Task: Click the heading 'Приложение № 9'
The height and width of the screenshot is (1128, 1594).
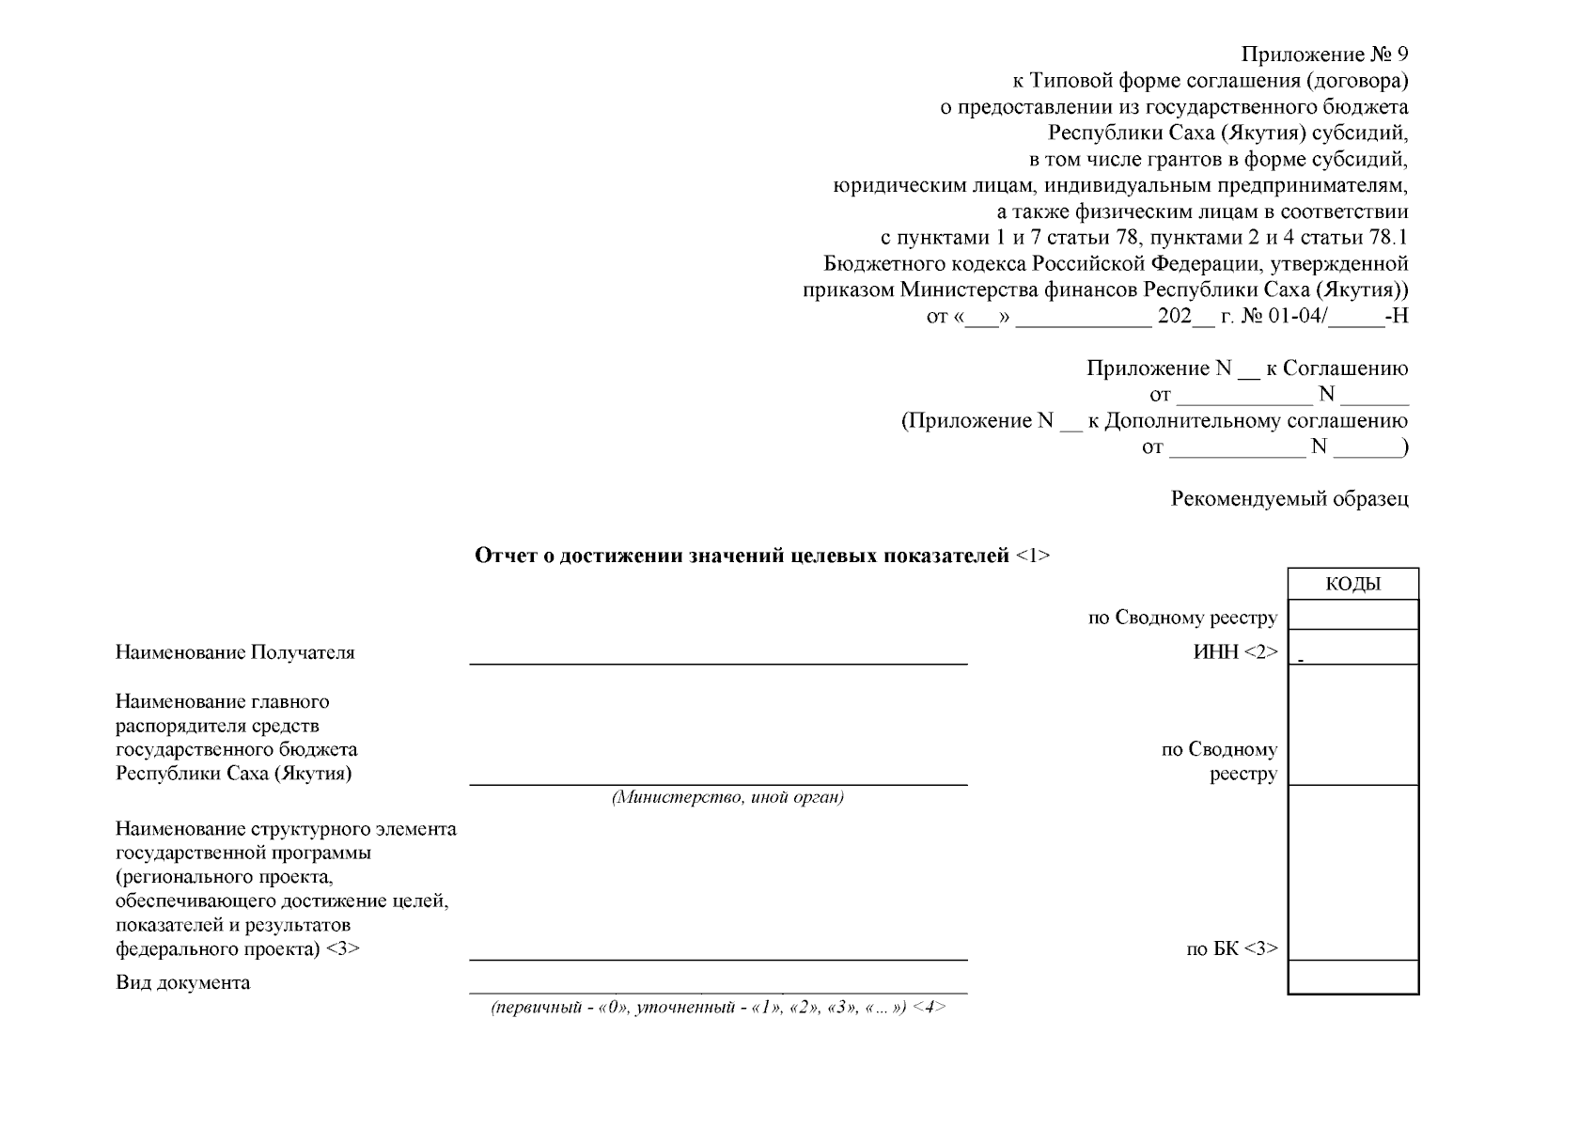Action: point(1324,55)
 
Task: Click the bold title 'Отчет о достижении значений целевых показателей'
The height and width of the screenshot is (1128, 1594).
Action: point(742,556)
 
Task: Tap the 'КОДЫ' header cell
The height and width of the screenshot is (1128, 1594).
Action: point(1352,584)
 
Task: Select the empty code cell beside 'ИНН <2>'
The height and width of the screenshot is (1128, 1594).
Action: point(1352,648)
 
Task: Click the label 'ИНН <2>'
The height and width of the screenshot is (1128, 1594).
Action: point(1235,652)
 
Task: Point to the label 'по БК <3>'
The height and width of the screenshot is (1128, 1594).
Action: point(1231,949)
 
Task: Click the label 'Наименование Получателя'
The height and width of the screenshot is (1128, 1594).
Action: point(235,652)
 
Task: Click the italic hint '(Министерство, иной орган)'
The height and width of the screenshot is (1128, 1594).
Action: point(727,798)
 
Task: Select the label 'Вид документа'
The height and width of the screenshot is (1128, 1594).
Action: point(182,983)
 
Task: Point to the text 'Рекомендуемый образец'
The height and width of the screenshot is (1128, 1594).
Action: point(1289,499)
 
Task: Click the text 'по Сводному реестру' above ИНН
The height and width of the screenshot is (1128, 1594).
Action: point(1182,619)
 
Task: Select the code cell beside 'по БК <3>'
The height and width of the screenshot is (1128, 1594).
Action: point(1352,873)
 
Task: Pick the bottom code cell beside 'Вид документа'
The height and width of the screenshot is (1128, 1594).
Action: point(1352,977)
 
